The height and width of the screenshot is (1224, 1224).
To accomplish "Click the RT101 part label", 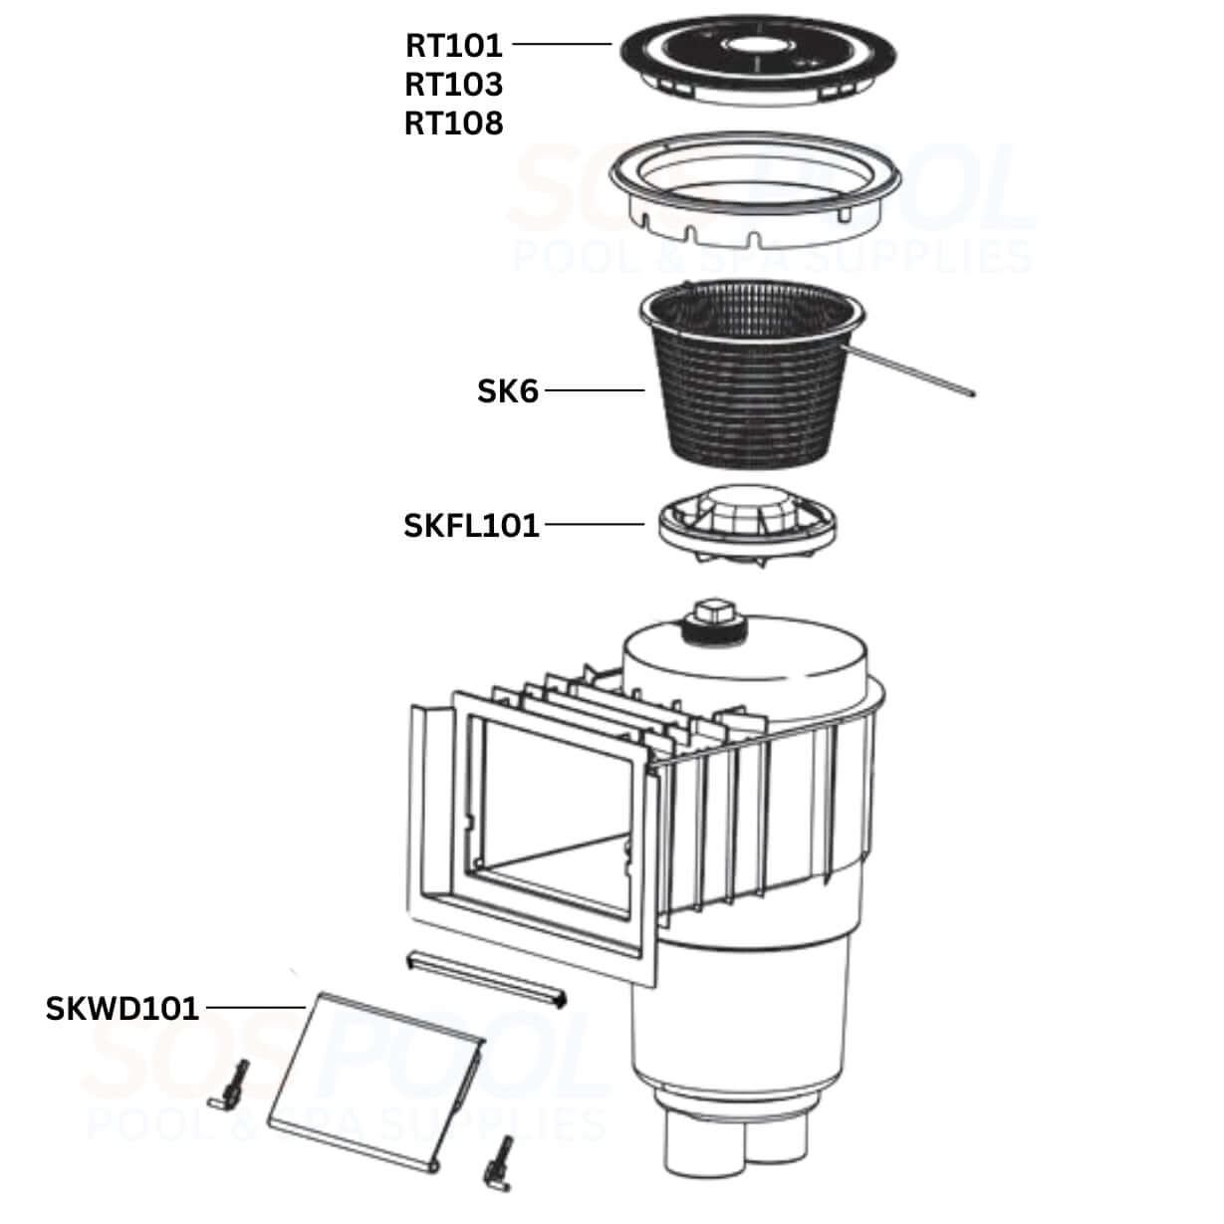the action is coord(453,46).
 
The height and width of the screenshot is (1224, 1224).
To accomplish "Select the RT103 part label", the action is coord(453,85).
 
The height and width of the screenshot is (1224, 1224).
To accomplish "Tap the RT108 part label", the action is coord(453,123).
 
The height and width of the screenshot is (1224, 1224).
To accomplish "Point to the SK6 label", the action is coord(508,390).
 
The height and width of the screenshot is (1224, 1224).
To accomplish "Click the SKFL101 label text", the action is coord(471,525).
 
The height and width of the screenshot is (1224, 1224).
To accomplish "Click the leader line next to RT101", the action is coord(562,44).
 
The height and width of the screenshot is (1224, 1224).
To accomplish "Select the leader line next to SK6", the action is coord(595,390).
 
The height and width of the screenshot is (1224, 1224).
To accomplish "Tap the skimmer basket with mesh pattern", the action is coord(751,373).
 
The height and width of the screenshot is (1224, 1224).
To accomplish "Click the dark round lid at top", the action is coord(759,59).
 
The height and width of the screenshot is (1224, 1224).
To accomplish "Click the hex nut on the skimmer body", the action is coord(716,612).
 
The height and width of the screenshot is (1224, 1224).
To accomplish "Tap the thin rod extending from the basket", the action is coord(908,371).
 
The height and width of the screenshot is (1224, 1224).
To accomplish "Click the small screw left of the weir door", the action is coord(229,1085).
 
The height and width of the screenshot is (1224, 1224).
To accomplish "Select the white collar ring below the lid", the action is coord(755,189).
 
